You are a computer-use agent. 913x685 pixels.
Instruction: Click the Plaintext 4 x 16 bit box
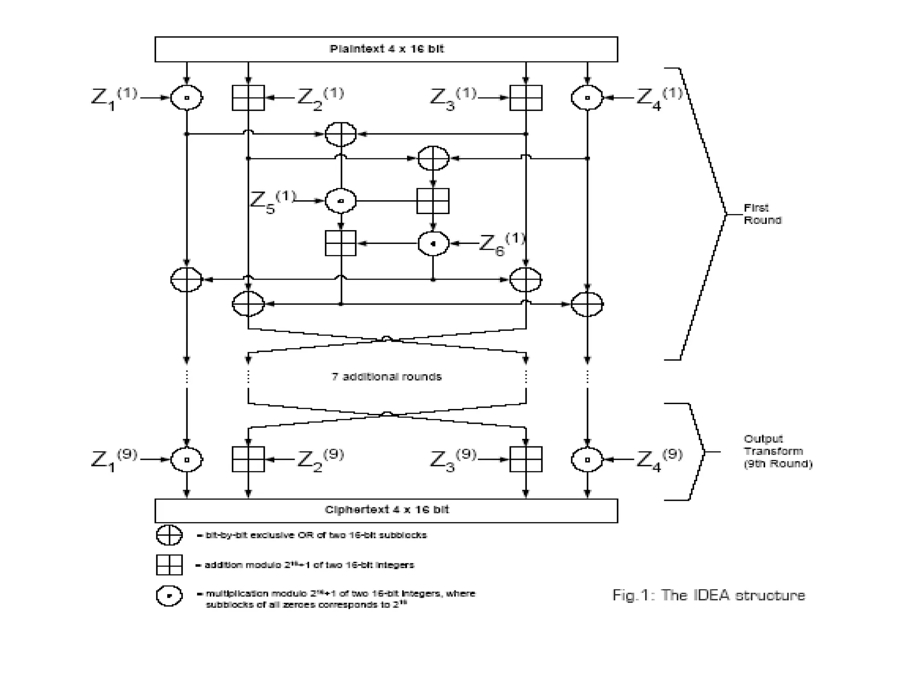tap(386, 49)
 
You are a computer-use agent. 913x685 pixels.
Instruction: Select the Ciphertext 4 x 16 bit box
tap(386, 510)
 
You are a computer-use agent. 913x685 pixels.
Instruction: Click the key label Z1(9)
tap(114, 459)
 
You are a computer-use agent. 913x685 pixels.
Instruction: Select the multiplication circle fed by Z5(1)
tap(341, 201)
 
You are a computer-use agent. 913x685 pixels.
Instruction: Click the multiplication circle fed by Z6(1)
tap(433, 243)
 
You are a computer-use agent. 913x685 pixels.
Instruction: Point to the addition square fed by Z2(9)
tap(248, 459)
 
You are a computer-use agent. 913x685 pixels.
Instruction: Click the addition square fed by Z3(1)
tap(526, 98)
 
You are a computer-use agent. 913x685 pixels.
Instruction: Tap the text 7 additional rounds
tap(387, 377)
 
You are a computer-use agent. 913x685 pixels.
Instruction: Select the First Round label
tap(762, 214)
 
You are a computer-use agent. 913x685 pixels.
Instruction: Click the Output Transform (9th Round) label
tap(777, 451)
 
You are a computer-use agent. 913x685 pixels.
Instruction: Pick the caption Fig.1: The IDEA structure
tap(709, 595)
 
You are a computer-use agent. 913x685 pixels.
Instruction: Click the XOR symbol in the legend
tap(169, 535)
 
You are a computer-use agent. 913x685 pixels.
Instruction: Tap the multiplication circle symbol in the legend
tap(169, 596)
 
